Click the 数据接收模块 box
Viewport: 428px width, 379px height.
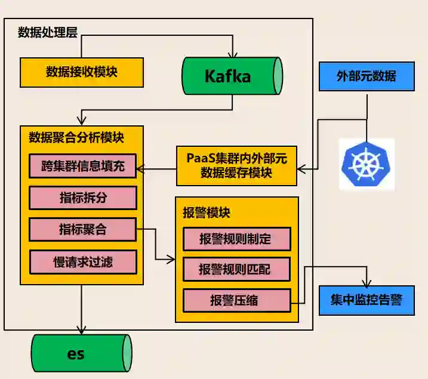(x=82, y=72)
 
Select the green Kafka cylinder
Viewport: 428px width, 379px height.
(x=232, y=76)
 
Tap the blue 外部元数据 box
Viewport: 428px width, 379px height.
(x=367, y=76)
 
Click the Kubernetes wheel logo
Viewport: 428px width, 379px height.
(x=366, y=164)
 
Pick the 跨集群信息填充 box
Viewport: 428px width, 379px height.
(x=82, y=166)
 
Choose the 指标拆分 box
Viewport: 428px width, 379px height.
(x=82, y=198)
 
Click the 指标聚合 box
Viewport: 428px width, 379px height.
(x=82, y=229)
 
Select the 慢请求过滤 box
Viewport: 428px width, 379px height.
(x=82, y=261)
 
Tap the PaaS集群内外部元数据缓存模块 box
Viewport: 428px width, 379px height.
(x=236, y=165)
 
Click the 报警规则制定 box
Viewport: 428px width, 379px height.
(x=236, y=239)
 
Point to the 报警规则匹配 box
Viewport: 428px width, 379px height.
(x=236, y=270)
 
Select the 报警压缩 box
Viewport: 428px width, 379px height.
(x=236, y=301)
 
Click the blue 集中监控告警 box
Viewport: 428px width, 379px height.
(x=367, y=300)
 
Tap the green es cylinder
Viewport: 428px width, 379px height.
(x=81, y=353)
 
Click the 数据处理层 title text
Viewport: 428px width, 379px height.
(x=48, y=33)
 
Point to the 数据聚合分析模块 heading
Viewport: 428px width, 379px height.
(x=76, y=137)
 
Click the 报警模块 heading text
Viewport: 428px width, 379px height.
(x=207, y=212)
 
